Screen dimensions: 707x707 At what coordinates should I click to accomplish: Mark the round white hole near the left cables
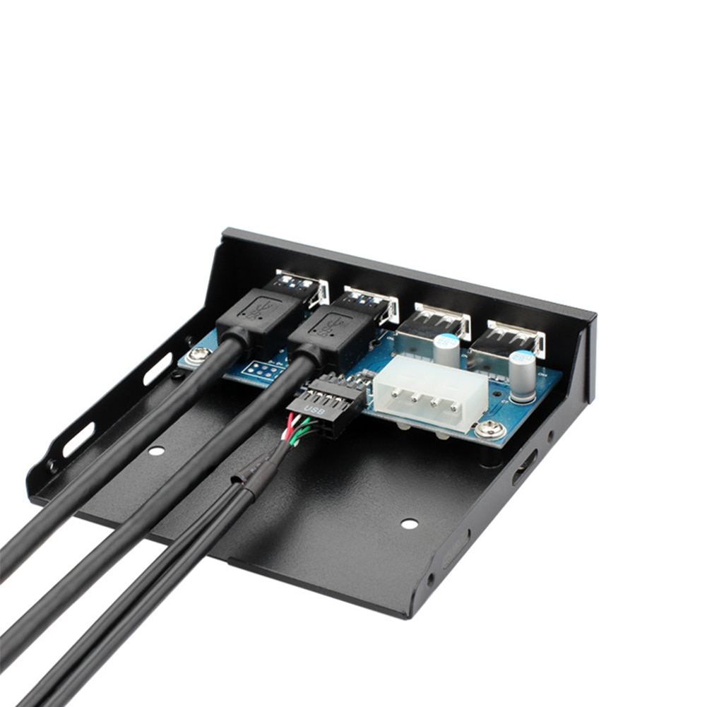(157, 451)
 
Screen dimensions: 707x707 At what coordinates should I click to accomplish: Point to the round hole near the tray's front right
(409, 523)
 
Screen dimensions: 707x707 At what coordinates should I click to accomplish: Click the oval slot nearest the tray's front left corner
(78, 440)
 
